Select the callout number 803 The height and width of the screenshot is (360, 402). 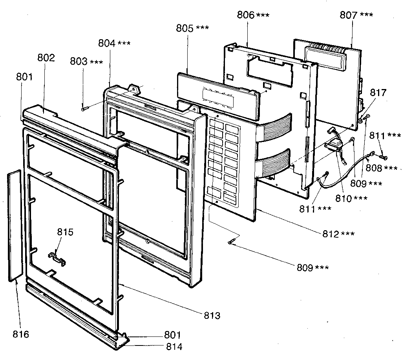(x=79, y=62)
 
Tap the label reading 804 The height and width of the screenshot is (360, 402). (x=107, y=44)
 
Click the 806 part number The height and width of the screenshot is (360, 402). (x=245, y=15)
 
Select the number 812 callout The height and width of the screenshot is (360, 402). (x=332, y=234)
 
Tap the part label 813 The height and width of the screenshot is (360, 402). (x=212, y=315)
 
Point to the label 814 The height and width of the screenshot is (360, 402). (x=174, y=347)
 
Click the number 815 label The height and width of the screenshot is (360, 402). (x=65, y=232)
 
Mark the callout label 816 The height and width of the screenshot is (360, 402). (x=20, y=334)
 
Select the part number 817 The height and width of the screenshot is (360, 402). (x=378, y=93)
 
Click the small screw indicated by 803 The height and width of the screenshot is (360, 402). (x=84, y=109)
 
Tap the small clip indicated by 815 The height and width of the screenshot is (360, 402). (x=57, y=257)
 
